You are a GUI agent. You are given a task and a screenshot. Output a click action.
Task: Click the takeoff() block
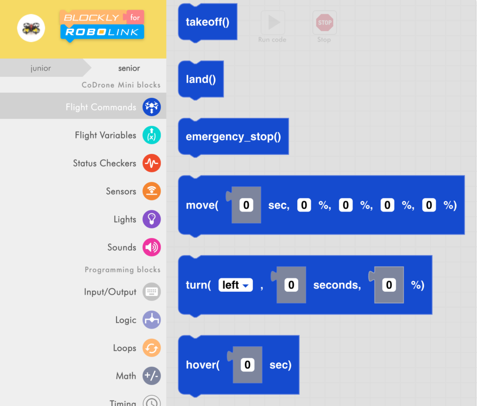click(207, 22)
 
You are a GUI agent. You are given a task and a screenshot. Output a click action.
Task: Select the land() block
click(201, 79)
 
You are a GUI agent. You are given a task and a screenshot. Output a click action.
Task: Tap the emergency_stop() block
click(233, 137)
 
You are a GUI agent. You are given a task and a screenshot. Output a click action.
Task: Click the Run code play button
click(273, 22)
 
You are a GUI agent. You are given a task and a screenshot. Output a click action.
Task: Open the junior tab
click(41, 68)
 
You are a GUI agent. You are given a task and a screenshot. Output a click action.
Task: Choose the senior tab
click(129, 68)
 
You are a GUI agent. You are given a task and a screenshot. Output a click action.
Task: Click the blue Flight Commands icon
click(151, 107)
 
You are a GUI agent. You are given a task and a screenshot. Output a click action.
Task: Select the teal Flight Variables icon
click(151, 135)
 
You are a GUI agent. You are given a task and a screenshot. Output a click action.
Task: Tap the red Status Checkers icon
click(151, 163)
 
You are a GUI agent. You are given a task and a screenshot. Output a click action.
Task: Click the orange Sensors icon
click(151, 191)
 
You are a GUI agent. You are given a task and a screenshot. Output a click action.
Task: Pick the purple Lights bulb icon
click(151, 219)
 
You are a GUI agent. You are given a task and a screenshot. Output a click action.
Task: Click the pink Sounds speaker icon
click(151, 247)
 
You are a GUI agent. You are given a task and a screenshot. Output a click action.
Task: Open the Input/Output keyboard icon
click(151, 292)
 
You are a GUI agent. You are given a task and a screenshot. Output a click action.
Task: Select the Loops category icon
click(151, 348)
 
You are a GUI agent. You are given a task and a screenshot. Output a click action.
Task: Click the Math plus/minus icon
click(151, 376)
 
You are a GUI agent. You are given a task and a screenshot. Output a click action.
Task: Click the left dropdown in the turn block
click(235, 285)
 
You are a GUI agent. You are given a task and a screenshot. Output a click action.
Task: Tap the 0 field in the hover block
click(247, 365)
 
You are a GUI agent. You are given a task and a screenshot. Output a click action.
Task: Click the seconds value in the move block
click(246, 205)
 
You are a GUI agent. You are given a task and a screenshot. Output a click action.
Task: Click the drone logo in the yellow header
click(31, 28)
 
